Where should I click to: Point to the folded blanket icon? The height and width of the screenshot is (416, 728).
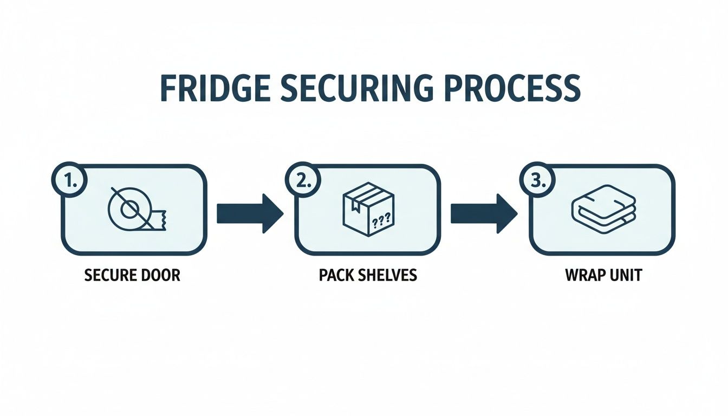[x=603, y=210]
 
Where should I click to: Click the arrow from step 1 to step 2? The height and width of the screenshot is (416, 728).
[x=250, y=213]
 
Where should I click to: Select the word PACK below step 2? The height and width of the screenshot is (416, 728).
[x=336, y=275]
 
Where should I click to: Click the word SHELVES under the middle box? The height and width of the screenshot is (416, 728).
[x=388, y=275]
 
